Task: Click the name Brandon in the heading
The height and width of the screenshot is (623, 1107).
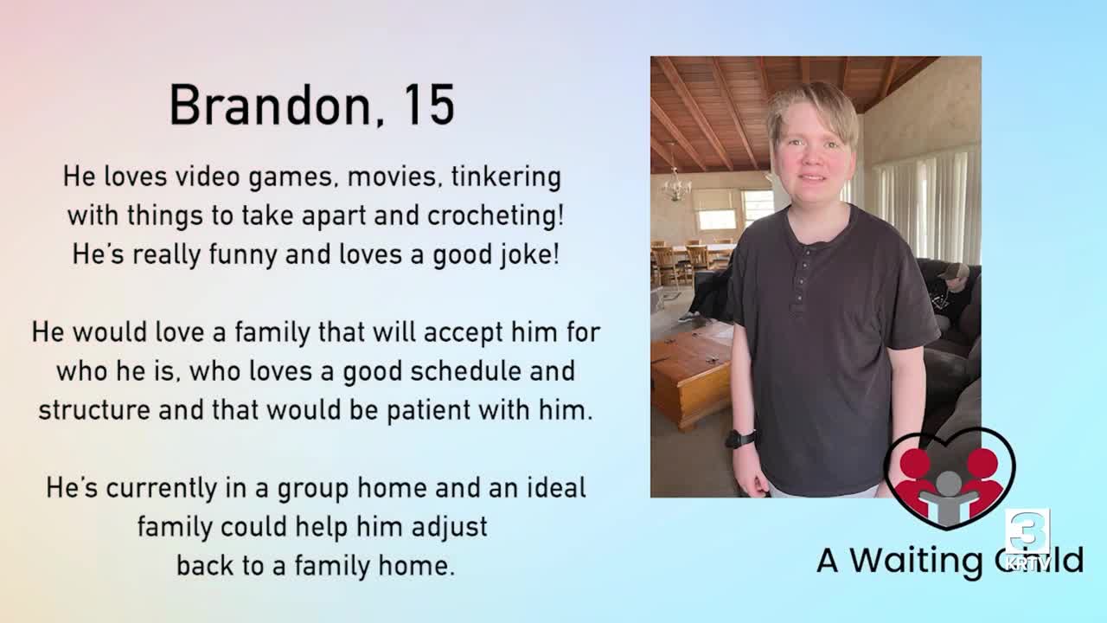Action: [270, 106]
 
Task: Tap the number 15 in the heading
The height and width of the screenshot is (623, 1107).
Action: [428, 106]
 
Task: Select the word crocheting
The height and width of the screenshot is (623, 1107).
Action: [496, 216]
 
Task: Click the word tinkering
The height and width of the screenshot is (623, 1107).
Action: [506, 177]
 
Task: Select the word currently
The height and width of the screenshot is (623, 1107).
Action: [161, 489]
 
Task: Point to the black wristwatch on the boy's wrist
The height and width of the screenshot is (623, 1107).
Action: [740, 439]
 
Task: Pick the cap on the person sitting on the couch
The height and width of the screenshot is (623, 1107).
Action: [954, 270]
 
